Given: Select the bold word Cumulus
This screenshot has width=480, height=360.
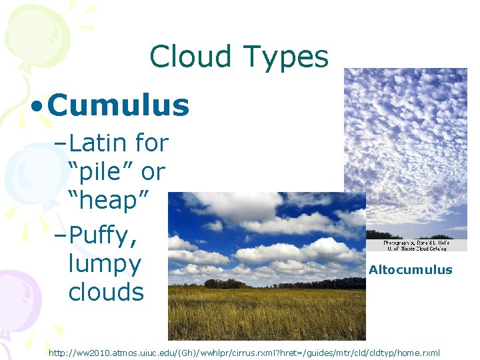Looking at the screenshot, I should pos(119,105).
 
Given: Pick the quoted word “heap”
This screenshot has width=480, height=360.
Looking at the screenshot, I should pos(108,201).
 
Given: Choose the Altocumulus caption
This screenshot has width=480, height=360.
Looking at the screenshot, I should pos(410,270).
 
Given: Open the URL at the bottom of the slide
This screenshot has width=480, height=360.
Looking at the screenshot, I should pos(244,352).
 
